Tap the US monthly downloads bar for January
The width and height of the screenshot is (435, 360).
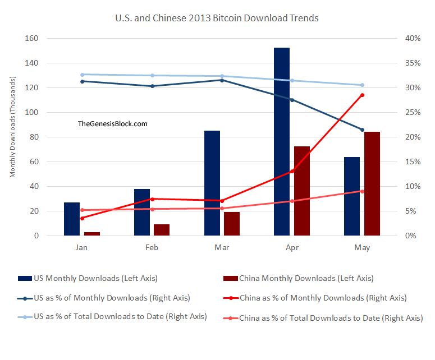click(72, 219)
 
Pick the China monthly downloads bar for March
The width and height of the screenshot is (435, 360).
click(232, 224)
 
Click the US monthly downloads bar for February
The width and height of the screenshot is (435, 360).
click(142, 213)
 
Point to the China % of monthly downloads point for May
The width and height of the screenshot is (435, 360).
click(362, 95)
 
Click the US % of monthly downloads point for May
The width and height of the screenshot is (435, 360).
click(362, 130)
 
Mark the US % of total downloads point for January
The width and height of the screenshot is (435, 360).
click(82, 75)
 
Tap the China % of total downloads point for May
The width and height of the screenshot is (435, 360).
click(362, 191)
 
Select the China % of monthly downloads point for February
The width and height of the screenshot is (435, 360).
click(152, 199)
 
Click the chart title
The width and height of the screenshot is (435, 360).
click(217, 18)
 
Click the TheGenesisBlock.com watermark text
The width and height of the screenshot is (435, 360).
click(113, 124)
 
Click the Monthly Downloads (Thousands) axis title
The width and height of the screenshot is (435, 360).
click(12, 137)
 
